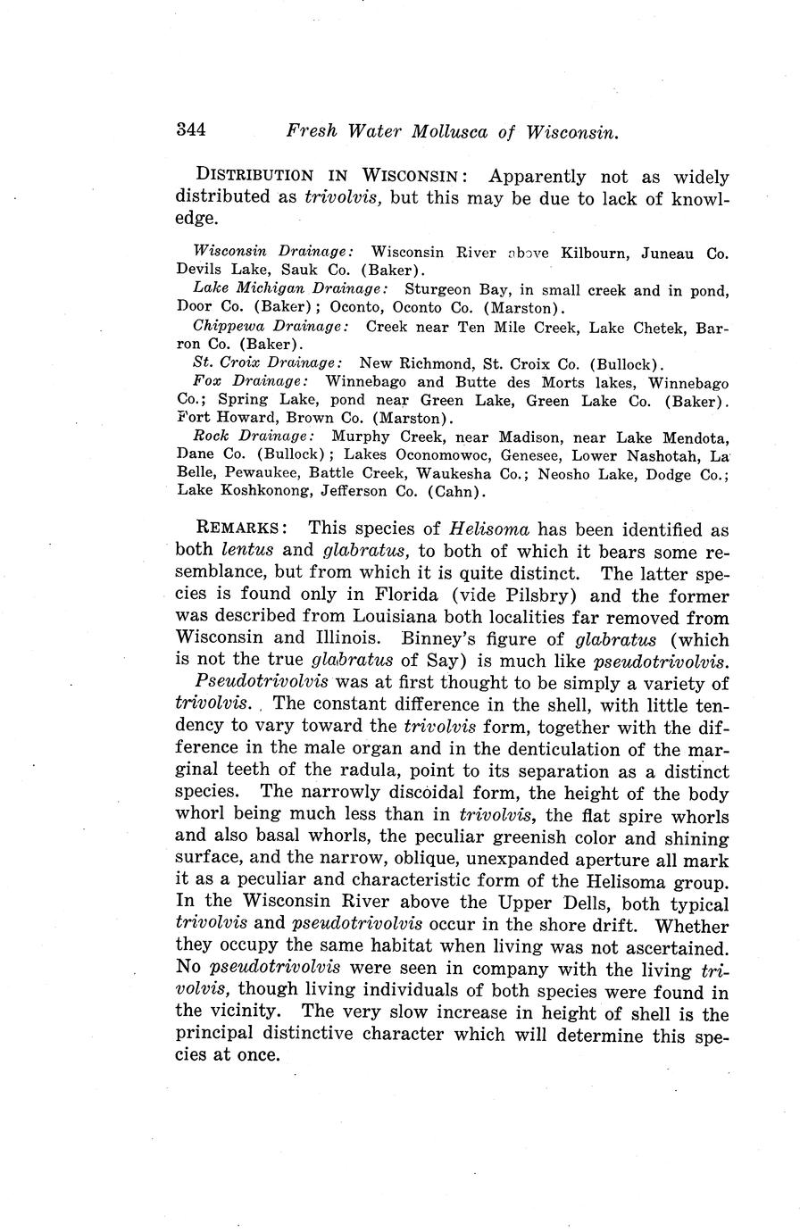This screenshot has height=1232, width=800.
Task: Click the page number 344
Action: click(191, 130)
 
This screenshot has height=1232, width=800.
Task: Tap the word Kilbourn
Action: click(594, 253)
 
